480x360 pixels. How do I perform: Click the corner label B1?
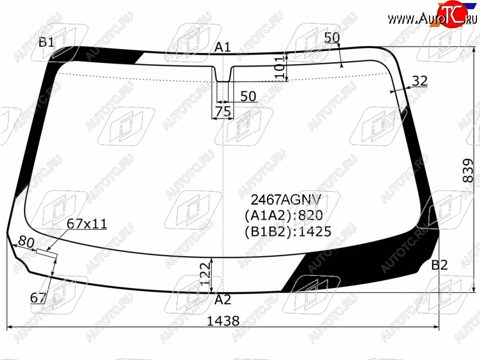click(46, 42)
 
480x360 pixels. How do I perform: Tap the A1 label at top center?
click(222, 47)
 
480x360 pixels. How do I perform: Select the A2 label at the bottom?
click(223, 299)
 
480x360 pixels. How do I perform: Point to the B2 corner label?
click(439, 265)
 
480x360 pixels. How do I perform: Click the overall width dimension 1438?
click(223, 321)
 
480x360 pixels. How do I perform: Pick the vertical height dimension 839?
click(469, 170)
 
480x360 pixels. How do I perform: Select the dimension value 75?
click(223, 112)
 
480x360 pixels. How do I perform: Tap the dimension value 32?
click(419, 81)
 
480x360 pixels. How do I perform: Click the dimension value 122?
click(206, 274)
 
